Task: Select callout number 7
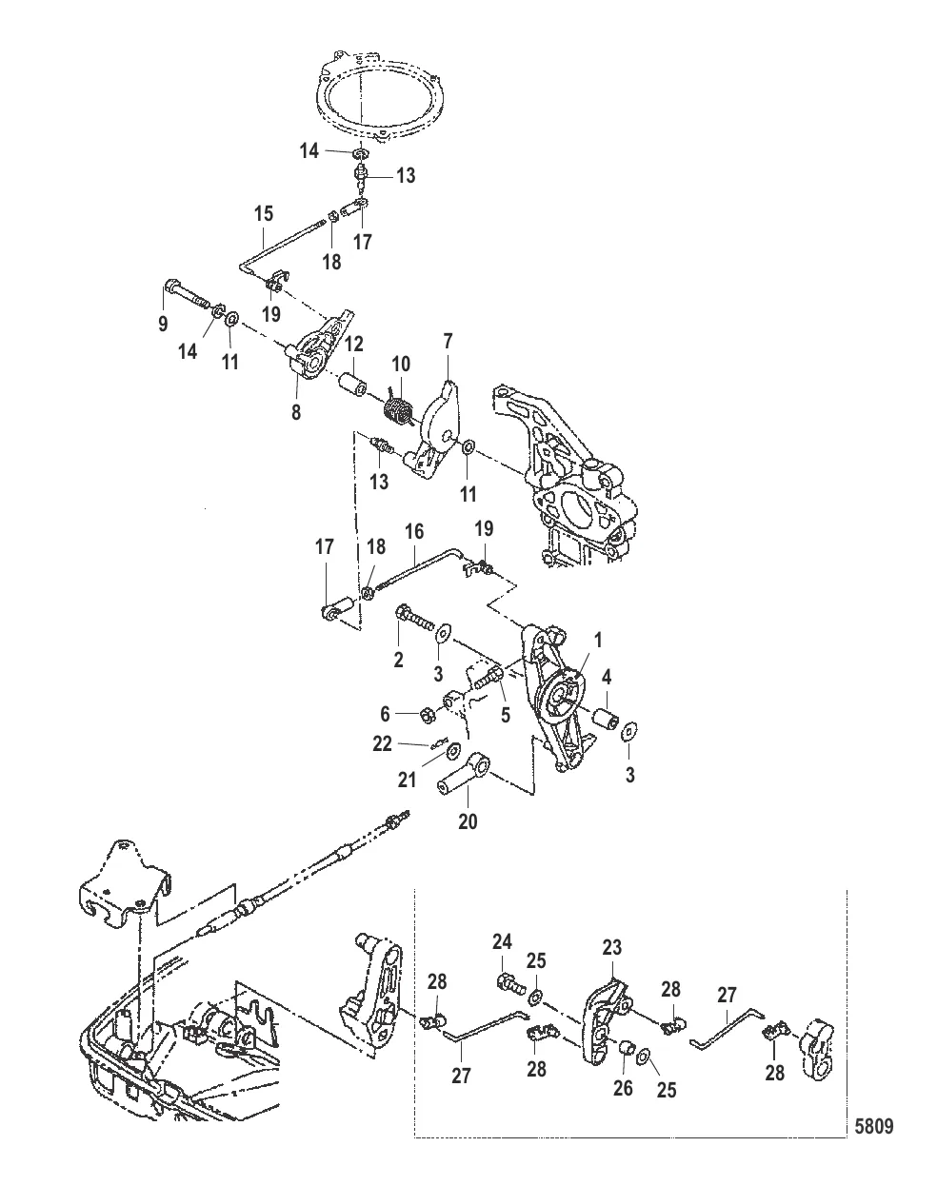[x=448, y=340]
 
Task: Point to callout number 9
[x=163, y=324]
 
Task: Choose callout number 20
[x=469, y=820]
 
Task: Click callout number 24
[x=502, y=942]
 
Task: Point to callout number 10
[x=401, y=364]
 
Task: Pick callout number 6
[x=385, y=713]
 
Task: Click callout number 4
[x=606, y=679]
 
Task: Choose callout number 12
[x=353, y=342]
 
